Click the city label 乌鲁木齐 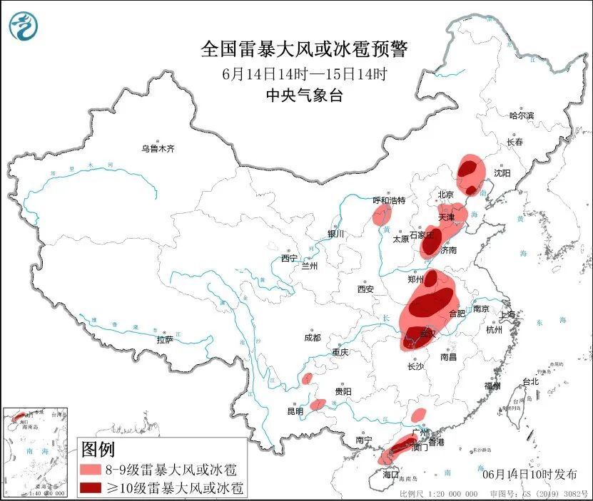coord(157,149)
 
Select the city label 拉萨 coord(165,340)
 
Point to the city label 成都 coord(312,338)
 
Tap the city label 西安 coord(365,289)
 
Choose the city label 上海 coord(507,314)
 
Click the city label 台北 coord(530,381)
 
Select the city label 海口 coord(389,474)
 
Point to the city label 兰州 coord(309,266)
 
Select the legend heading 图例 coord(98,450)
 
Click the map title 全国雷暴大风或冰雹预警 coord(303,48)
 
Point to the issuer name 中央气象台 coord(303,95)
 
